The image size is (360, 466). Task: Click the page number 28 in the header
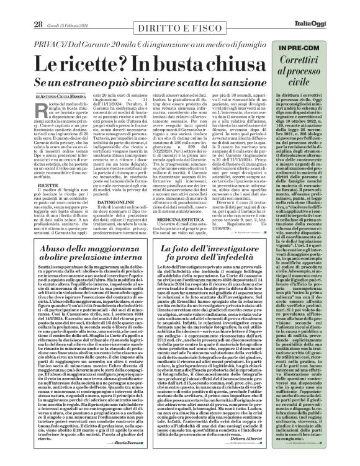point(20,7)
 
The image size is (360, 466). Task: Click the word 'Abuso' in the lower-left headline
point(37,248)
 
